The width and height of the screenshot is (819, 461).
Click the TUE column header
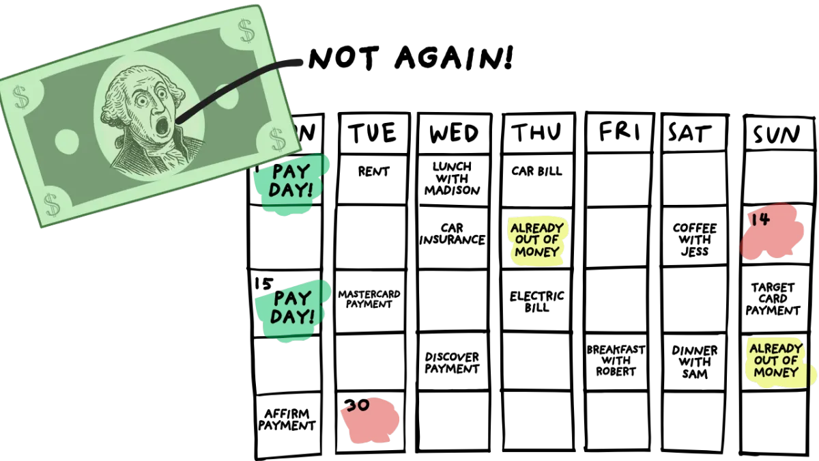click(x=373, y=132)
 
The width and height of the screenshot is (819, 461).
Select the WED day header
click(x=454, y=132)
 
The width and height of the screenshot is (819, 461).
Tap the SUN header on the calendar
click(x=777, y=135)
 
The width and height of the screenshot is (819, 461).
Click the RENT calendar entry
click(x=373, y=171)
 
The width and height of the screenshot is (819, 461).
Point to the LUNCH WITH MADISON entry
click(x=452, y=178)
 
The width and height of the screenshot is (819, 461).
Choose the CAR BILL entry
click(x=536, y=171)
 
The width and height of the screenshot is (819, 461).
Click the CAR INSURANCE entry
click(x=452, y=234)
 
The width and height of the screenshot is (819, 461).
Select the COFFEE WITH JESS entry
click(x=695, y=240)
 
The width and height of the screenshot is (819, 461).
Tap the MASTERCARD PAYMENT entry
click(x=369, y=299)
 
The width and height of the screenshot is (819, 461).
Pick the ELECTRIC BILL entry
click(x=536, y=301)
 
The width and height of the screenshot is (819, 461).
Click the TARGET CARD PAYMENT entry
click(x=773, y=299)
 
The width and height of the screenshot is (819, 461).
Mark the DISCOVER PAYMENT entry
click(x=452, y=363)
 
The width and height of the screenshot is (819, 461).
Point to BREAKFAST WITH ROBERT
click(x=616, y=361)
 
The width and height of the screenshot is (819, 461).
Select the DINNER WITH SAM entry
click(x=694, y=362)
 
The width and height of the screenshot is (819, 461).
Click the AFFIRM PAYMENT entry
click(x=287, y=419)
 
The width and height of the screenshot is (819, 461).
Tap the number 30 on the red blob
click(x=357, y=405)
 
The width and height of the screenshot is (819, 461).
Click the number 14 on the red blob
click(x=761, y=219)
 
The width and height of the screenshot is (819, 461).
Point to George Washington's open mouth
click(x=161, y=126)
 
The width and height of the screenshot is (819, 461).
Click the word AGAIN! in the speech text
click(x=454, y=58)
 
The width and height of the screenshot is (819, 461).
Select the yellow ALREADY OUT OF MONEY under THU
click(x=536, y=240)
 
